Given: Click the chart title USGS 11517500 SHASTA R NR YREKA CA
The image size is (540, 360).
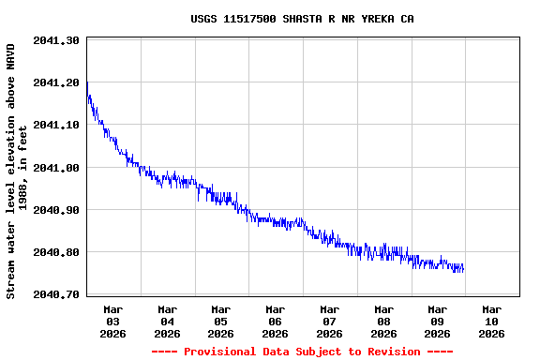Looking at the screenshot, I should click(302, 19).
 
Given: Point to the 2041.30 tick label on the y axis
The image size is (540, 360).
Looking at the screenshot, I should click(55, 40).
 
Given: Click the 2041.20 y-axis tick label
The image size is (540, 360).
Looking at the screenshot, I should click(55, 82).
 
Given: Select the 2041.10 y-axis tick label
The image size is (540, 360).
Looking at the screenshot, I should click(55, 125).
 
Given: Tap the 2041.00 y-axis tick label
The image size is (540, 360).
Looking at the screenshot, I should click(55, 168).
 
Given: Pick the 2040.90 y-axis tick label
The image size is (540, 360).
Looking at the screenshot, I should click(55, 210).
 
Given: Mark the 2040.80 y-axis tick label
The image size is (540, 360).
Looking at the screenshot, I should click(55, 252).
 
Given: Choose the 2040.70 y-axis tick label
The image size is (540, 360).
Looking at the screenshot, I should click(55, 294).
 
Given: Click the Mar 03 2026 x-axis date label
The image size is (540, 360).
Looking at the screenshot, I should click(113, 321).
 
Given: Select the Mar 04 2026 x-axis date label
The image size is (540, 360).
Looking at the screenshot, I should click(168, 321).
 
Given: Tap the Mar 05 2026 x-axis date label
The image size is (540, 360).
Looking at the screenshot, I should click(221, 321).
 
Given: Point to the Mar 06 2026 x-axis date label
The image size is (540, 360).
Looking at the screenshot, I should click(276, 321).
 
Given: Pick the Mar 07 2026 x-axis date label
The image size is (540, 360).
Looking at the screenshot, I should click(329, 321).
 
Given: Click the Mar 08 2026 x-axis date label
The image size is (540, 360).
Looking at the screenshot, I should click(383, 321).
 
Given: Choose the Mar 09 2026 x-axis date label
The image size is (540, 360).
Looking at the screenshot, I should click(438, 321).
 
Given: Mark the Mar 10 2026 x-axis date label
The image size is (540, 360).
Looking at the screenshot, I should click(491, 321).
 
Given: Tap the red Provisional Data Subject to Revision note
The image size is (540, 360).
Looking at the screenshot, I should click(302, 352).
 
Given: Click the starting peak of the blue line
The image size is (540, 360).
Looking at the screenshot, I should click(87, 82).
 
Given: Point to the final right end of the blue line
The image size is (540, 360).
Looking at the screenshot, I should click(463, 269).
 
